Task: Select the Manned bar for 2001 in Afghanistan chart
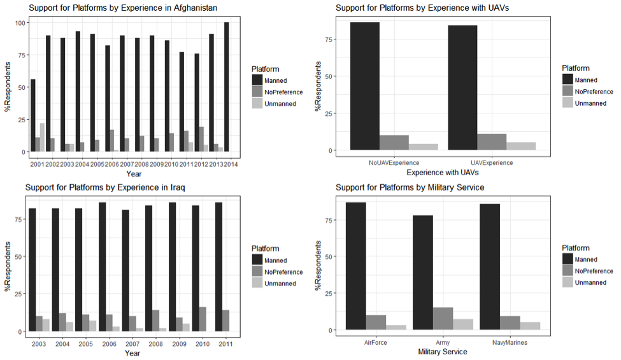tap(32, 115)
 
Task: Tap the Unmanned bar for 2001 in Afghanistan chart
tap(42, 137)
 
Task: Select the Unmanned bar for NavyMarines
tap(530, 326)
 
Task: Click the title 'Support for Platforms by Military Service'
tap(410, 187)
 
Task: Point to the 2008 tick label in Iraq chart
tap(149, 345)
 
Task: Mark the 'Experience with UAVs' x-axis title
tap(443, 173)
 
